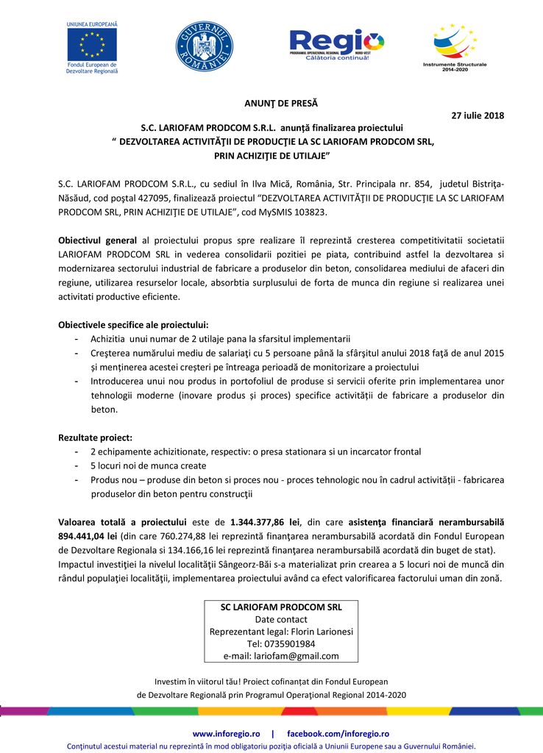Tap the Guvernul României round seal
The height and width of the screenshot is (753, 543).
pyautogui.click(x=204, y=46)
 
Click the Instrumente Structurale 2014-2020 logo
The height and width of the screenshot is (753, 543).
pyautogui.click(x=454, y=46)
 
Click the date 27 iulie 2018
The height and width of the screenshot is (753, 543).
pyautogui.click(x=477, y=115)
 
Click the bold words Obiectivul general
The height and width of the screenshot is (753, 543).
pyautogui.click(x=98, y=240)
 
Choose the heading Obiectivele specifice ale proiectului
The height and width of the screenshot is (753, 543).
pyautogui.click(x=133, y=325)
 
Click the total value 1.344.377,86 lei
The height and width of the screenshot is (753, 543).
pyautogui.click(x=263, y=522)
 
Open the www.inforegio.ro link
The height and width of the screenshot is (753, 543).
pyautogui.click(x=227, y=734)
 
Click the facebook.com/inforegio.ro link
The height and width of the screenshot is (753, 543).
pyautogui.click(x=338, y=734)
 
